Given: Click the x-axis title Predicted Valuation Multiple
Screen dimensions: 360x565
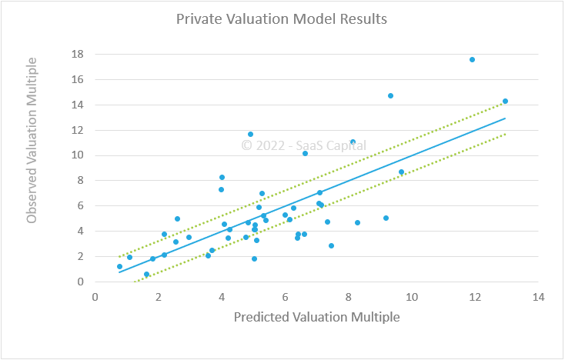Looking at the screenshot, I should click(316, 316).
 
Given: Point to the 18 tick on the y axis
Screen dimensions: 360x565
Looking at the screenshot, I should click(77, 55).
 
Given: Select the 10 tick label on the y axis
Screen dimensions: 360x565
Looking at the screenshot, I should click(77, 155).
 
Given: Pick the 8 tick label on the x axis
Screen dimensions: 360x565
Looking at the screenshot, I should click(348, 296).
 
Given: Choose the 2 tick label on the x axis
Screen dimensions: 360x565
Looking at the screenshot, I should click(159, 296).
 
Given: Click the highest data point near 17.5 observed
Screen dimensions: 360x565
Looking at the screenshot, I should click(472, 59).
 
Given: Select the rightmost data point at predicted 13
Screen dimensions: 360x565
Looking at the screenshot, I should click(505, 101).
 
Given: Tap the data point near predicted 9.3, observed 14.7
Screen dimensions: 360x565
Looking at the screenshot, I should click(390, 95).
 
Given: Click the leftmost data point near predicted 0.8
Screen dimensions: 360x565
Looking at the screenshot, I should click(119, 266).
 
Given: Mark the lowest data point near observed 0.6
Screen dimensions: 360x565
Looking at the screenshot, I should click(146, 274).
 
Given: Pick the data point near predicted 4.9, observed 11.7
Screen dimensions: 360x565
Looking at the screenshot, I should click(250, 134).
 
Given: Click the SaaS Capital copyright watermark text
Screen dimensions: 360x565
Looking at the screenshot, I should click(304, 145).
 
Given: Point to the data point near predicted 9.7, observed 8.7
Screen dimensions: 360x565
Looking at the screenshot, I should click(401, 172).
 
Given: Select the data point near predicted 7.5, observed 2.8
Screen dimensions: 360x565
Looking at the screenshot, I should click(331, 245).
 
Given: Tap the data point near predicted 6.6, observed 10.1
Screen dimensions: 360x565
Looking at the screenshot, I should click(305, 153).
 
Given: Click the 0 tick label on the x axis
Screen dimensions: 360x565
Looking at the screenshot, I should click(95, 296).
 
